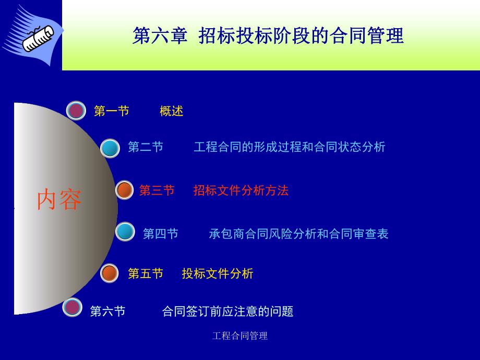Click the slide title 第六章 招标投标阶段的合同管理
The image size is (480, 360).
click(x=268, y=37)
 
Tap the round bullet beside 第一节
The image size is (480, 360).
click(x=76, y=111)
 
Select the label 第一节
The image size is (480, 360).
click(x=111, y=111)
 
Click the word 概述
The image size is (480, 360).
click(x=172, y=111)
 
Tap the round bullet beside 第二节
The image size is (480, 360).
click(x=110, y=148)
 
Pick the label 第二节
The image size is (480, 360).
click(x=146, y=147)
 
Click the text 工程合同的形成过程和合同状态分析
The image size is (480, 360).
click(x=289, y=147)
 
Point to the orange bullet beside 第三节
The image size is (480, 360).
click(x=125, y=190)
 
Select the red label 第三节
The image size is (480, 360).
click(x=157, y=190)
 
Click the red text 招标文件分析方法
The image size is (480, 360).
click(x=241, y=190)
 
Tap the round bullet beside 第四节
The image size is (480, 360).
click(x=125, y=232)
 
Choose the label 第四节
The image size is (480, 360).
click(x=161, y=234)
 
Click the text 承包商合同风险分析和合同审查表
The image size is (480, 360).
click(x=298, y=234)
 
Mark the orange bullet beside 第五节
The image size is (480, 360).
click(x=110, y=273)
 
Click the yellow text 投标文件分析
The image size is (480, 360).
click(x=218, y=273)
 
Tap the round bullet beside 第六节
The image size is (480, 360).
click(x=72, y=307)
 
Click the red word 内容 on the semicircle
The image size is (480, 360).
click(x=59, y=200)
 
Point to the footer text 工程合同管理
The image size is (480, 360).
click(x=240, y=336)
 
